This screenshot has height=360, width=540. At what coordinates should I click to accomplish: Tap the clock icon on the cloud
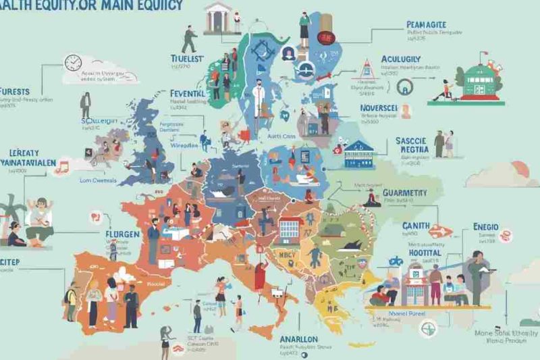(x=72, y=63)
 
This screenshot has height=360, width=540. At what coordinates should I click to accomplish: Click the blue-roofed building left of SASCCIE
(x=359, y=156)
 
